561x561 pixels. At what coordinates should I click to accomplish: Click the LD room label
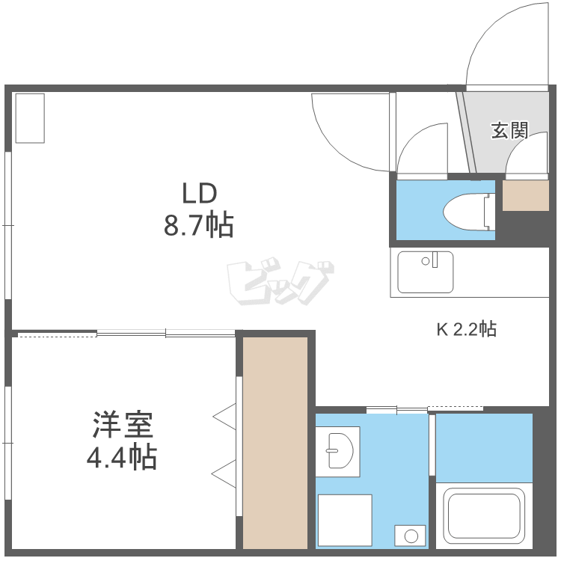[199, 193]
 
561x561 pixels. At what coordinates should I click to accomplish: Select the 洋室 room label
[123, 426]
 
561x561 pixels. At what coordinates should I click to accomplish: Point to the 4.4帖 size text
[123, 456]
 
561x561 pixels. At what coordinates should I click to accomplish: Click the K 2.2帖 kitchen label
[467, 328]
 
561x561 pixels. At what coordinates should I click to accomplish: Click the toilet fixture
[468, 212]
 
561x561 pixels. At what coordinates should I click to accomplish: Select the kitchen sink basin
[426, 272]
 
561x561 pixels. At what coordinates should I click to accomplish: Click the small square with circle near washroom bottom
[410, 536]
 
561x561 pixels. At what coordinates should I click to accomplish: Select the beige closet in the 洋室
[275, 443]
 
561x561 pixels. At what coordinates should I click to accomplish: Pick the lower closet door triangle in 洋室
[225, 473]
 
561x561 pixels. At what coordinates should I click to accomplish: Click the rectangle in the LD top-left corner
[30, 117]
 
